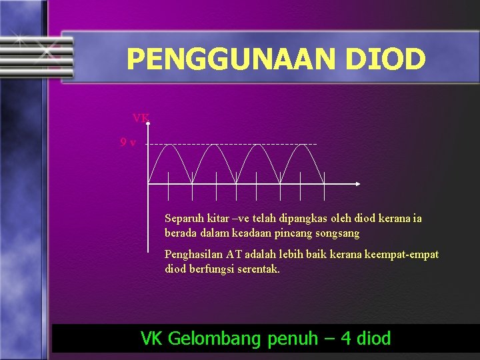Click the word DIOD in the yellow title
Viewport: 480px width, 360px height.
(385, 59)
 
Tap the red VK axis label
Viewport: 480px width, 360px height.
(141, 119)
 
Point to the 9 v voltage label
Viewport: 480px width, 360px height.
(128, 142)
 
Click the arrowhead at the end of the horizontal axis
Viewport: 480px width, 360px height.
(358, 183)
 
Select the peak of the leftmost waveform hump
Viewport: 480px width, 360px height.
(169, 145)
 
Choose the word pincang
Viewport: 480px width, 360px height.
(296, 233)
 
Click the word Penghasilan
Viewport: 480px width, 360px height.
(193, 255)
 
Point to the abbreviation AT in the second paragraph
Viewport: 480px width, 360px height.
(234, 255)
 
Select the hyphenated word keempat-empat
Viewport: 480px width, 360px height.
(406, 255)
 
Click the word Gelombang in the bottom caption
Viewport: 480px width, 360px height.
(215, 339)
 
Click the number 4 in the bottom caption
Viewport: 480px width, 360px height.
(345, 339)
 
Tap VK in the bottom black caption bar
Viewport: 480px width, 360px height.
(152, 339)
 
